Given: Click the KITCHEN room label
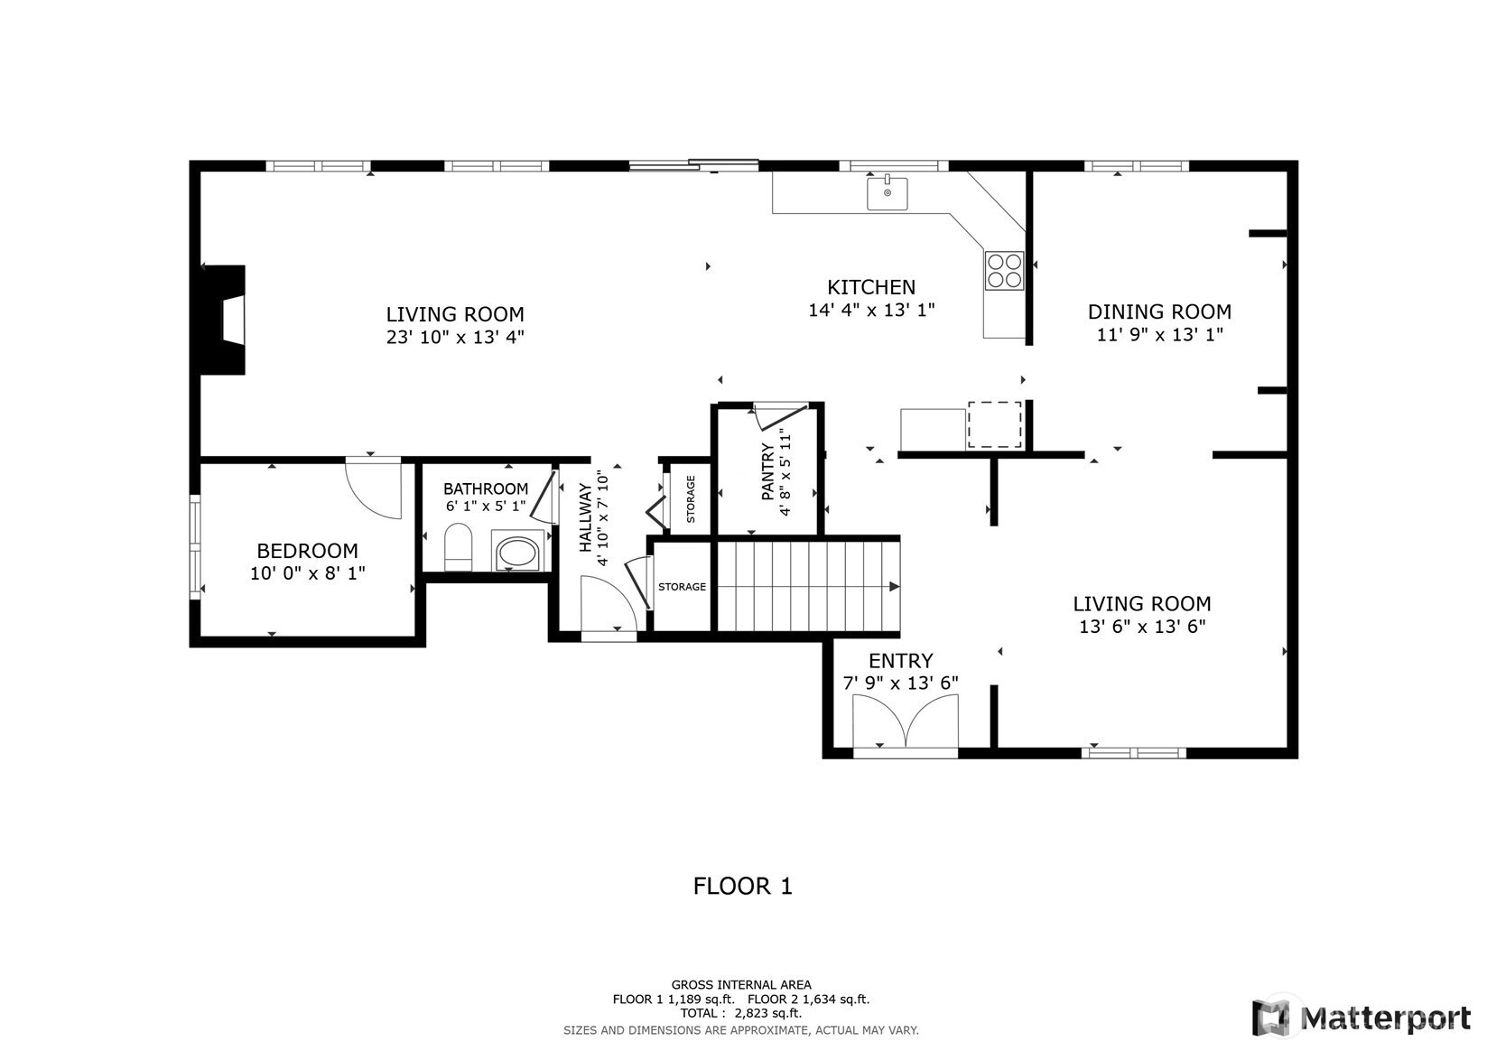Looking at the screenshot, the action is (x=871, y=287).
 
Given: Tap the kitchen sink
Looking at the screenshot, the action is (x=888, y=192).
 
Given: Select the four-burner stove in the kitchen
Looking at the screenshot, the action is (x=1004, y=271).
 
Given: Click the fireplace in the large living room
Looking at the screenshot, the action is (x=223, y=320).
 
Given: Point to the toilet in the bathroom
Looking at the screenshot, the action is (x=458, y=547).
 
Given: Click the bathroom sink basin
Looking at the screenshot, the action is (x=517, y=552).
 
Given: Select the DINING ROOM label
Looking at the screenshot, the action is (x=1159, y=312).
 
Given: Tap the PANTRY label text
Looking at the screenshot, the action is (x=768, y=472).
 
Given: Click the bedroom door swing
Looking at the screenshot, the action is (x=374, y=488).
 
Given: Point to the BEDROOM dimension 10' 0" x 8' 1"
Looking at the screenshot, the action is (x=307, y=573).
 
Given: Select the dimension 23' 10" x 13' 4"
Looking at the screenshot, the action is (x=455, y=338).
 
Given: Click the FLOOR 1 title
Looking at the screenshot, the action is (x=743, y=887).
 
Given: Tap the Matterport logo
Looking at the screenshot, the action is (x=1361, y=1018).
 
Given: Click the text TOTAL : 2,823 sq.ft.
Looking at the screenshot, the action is (x=741, y=1014).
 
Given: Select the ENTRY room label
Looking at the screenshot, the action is (x=901, y=661).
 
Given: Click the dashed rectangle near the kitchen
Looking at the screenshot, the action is (x=994, y=424).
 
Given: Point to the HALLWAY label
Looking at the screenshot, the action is (x=585, y=518).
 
